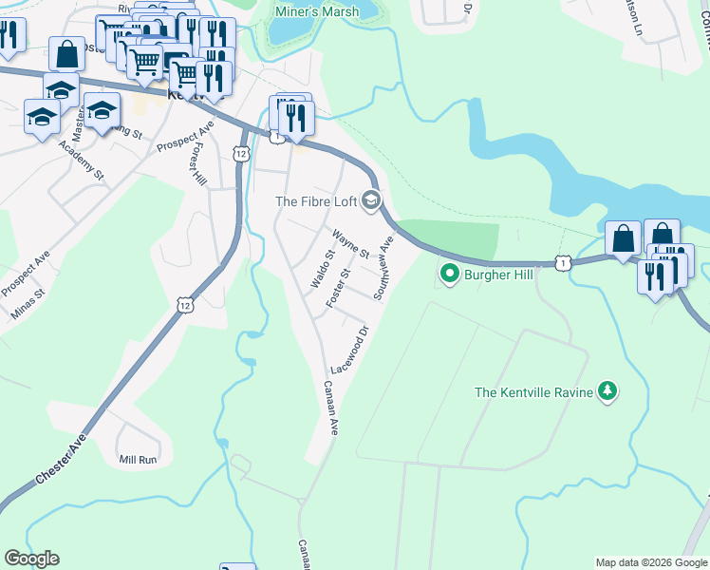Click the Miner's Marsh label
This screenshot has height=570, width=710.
tap(316, 12)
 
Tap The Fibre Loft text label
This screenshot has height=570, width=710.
tap(314, 201)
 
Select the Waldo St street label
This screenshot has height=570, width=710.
tap(320, 269)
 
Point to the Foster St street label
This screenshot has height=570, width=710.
tap(338, 286)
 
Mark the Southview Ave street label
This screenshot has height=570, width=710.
tap(383, 267)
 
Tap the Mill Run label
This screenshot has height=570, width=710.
tap(137, 460)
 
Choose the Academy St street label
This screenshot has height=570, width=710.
tap(80, 161)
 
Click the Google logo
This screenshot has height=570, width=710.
tap(31, 559)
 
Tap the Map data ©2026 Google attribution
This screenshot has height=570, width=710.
tap(651, 562)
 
